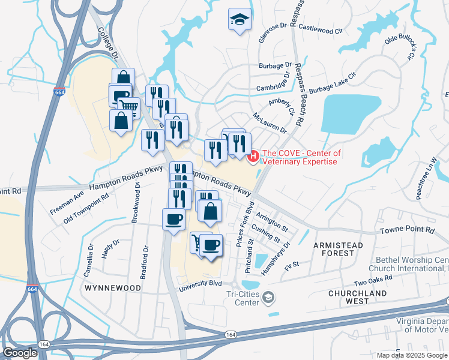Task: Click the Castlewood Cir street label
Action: (x=321, y=28)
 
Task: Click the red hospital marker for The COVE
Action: (x=253, y=157)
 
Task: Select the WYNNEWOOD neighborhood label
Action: (x=113, y=288)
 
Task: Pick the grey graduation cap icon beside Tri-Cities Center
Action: (x=270, y=298)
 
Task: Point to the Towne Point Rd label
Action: (x=407, y=230)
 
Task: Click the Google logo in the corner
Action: (x=19, y=353)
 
